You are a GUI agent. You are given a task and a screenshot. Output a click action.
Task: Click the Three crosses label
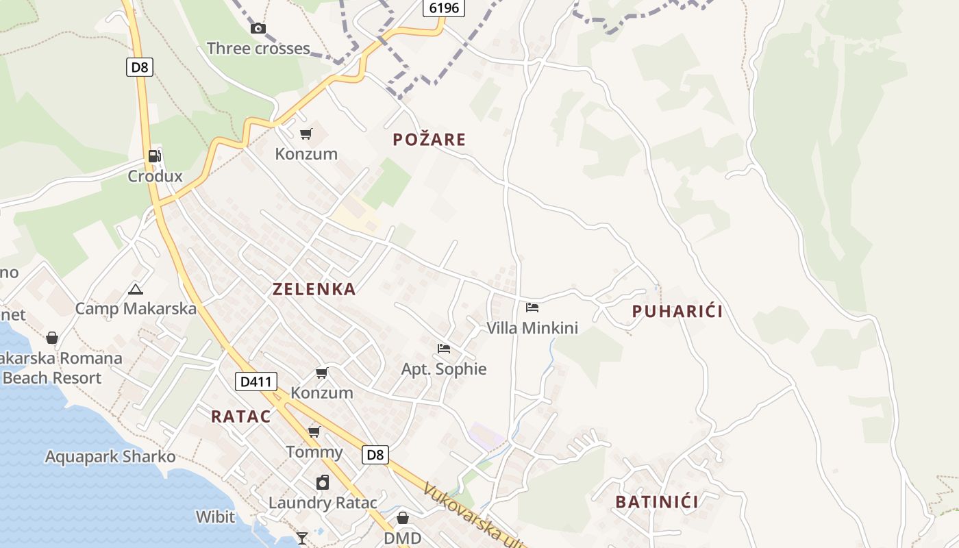[x=258, y=49]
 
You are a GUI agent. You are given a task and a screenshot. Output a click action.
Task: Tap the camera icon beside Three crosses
[x=258, y=28]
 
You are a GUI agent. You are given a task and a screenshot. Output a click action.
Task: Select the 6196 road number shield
[x=444, y=8]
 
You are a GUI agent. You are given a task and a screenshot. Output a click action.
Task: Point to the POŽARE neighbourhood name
[x=429, y=140]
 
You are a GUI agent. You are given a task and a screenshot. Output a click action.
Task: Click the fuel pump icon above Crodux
[x=155, y=156]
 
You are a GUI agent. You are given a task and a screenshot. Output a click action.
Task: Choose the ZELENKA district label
[x=314, y=289]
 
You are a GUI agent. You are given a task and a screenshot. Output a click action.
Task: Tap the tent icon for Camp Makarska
[x=136, y=289]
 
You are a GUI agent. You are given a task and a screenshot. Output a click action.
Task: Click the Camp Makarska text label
[x=136, y=308]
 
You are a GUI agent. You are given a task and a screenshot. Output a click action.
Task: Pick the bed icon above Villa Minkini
[x=532, y=308]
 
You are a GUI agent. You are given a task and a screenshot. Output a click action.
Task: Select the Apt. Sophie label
[x=444, y=369]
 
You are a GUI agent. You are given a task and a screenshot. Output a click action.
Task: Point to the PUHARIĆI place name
[x=677, y=312]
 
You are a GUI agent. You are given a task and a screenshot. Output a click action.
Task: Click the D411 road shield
[x=256, y=382]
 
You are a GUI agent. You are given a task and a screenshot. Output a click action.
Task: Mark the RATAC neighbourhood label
[x=240, y=416]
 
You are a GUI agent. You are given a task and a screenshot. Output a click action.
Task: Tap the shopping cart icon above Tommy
[x=314, y=432]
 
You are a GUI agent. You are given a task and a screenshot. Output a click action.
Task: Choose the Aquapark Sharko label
[x=110, y=456]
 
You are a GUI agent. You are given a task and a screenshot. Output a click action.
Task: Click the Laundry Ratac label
[x=322, y=502]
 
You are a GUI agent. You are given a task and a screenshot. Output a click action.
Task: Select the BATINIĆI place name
[x=657, y=502]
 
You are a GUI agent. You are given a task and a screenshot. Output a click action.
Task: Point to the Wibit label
[x=215, y=516]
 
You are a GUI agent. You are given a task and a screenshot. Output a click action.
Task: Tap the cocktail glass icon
[x=302, y=538]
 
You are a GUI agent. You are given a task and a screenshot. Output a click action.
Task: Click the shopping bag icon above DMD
[x=403, y=518]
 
